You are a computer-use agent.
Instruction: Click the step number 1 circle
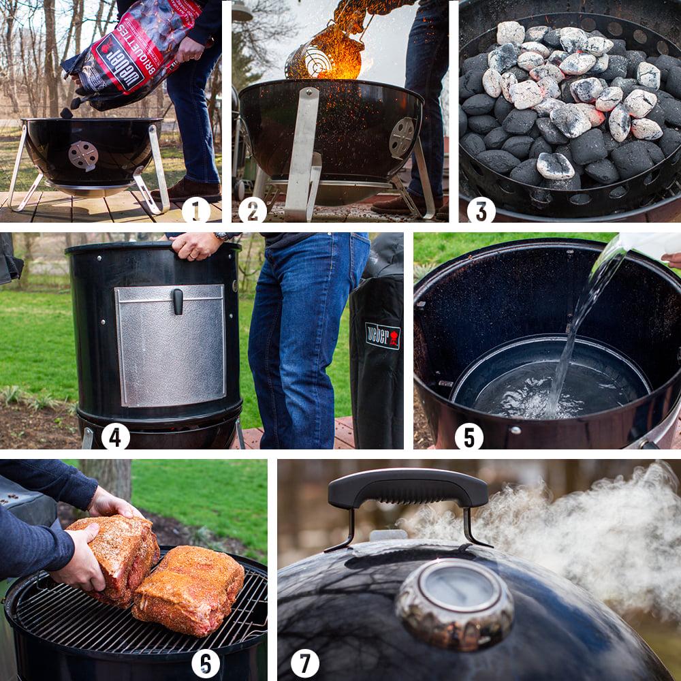196,210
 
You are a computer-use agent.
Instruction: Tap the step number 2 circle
253,210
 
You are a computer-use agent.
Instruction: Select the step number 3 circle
481,210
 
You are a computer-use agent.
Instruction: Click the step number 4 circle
115,437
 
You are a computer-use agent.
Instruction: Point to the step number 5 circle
469,437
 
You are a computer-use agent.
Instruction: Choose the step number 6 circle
205,663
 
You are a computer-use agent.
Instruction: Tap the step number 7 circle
304,663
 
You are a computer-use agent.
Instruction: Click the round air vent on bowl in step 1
83,155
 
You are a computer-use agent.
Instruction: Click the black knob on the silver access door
178,300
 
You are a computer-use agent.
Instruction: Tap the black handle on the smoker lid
407,489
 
